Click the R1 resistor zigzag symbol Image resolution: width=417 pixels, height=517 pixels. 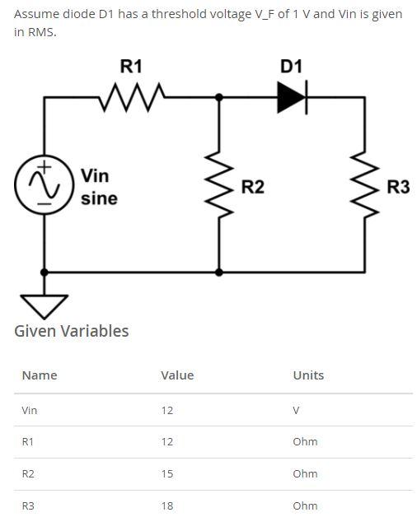[132, 97]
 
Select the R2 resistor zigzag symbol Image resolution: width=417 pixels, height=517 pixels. [218, 187]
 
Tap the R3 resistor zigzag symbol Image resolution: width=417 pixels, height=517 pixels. [365, 187]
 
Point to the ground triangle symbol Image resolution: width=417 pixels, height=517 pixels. [44, 305]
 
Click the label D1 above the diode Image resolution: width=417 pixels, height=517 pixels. [291, 67]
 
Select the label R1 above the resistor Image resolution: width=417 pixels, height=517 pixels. [131, 67]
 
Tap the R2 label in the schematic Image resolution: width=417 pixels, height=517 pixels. [252, 187]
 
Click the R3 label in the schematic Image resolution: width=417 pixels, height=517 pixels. [398, 187]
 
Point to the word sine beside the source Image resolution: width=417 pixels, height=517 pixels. [99, 198]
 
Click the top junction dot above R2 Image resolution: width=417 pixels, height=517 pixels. [218, 97]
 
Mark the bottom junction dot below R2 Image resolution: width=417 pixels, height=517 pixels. [218, 271]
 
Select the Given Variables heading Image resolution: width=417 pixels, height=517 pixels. [72, 331]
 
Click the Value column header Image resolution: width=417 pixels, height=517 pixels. [177, 375]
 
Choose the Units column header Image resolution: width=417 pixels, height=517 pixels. [308, 375]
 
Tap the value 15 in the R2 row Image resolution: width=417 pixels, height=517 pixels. [167, 473]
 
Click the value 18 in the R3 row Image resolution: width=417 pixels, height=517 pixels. [167, 505]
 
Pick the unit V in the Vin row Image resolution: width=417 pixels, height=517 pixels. [297, 410]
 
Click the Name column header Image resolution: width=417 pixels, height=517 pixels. [40, 375]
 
